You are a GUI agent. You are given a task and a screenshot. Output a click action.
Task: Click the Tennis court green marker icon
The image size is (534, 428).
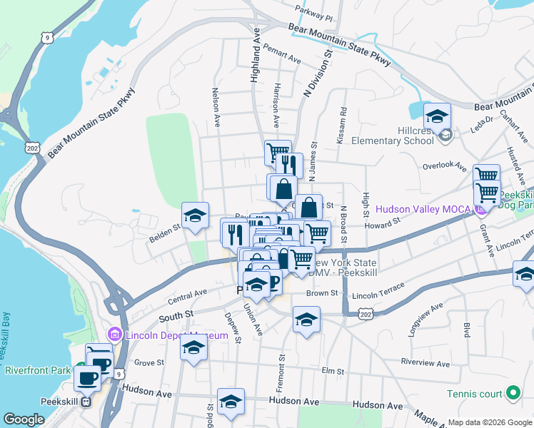click(512, 393)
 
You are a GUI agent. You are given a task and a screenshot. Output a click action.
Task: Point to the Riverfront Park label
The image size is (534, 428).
click(38, 370)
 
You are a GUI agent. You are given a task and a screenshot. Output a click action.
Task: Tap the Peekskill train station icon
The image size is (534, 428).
click(86, 402)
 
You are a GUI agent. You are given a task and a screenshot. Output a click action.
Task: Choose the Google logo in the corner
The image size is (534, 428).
click(24, 419)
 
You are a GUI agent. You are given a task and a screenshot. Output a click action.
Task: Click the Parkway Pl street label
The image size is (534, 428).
click(314, 12)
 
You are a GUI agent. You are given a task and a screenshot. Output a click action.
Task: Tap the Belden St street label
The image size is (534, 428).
click(164, 231)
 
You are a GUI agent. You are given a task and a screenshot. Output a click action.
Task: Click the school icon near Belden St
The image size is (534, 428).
click(195, 215)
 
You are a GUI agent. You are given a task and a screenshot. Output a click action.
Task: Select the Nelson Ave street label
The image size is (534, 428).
click(215, 104)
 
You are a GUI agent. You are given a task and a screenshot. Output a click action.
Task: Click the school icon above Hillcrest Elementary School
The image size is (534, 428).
click(437, 116)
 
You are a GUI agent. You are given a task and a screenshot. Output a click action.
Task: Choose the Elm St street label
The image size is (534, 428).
click(333, 372)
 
